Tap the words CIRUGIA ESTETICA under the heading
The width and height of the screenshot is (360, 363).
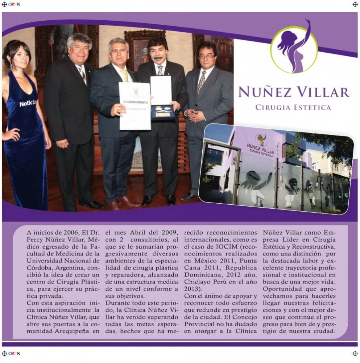(x=293, y=107)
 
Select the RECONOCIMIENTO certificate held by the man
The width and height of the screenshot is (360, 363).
(x=135, y=106)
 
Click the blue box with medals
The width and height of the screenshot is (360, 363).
(x=163, y=113)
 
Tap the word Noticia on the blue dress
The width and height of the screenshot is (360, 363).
(x=28, y=103)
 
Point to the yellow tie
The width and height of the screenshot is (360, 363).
(x=125, y=76)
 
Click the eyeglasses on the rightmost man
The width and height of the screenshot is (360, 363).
(x=207, y=56)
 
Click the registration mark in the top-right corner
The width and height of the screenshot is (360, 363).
(x=355, y=4)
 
